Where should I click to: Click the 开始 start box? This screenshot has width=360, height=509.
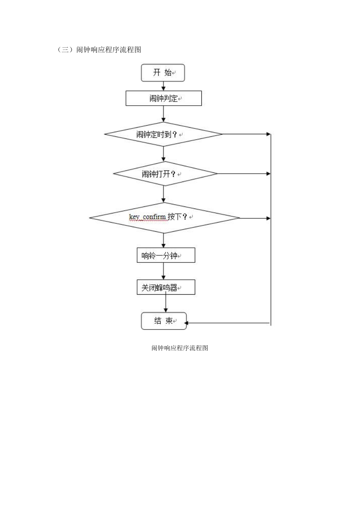coord(163,73)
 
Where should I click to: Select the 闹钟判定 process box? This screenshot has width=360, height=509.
coord(164,98)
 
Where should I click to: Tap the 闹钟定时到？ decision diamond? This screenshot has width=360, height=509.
coord(163,134)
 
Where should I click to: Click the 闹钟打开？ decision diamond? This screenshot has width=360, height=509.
coord(165,174)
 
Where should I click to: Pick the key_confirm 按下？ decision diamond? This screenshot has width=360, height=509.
coord(164,218)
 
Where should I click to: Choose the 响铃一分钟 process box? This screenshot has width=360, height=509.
coord(166,255)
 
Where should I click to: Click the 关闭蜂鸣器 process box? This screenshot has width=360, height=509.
coord(166,287)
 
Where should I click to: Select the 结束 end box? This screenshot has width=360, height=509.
coord(164,321)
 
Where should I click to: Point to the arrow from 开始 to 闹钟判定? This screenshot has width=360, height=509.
coord(164,86)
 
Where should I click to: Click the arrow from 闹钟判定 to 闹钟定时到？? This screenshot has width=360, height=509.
coord(164,114)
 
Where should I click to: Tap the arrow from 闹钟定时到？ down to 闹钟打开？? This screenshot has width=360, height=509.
coord(164,154)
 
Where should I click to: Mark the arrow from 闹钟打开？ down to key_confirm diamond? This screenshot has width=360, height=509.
coord(164,194)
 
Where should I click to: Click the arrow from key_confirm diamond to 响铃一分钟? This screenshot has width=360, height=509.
coord(164,240)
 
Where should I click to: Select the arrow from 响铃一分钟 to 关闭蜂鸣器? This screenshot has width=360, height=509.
coord(164,271)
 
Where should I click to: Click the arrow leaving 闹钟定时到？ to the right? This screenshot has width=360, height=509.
coord(246,134)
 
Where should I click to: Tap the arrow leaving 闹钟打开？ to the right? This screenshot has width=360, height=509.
coord(244,174)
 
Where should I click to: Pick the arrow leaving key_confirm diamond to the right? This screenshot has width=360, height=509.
coord(255,218)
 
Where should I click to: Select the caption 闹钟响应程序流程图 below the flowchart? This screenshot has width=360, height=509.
coord(180,348)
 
